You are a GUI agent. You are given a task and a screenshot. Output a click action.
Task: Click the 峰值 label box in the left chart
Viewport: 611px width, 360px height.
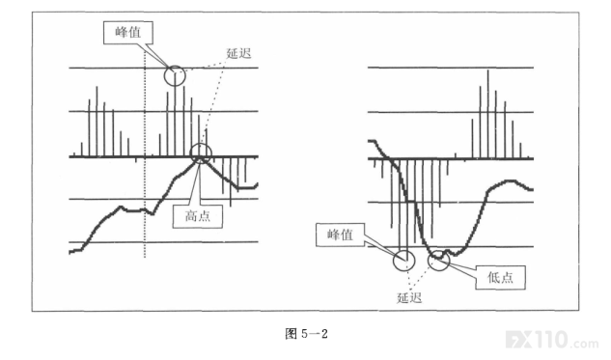[127, 33]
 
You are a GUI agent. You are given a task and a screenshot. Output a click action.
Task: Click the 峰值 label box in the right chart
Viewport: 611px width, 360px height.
[340, 235]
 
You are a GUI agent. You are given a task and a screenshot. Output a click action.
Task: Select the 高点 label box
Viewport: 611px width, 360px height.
[198, 216]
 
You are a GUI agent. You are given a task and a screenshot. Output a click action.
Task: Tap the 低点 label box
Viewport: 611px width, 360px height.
[500, 277]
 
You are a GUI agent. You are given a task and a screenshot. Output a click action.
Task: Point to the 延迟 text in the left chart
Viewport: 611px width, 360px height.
[238, 53]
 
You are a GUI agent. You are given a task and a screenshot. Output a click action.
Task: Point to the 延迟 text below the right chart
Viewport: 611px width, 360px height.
[409, 298]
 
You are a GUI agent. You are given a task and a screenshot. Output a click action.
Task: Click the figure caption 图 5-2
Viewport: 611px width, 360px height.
[306, 334]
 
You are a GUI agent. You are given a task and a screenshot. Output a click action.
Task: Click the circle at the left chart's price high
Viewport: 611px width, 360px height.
[201, 144]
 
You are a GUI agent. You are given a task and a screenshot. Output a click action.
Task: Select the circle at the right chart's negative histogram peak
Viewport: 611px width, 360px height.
[404, 251]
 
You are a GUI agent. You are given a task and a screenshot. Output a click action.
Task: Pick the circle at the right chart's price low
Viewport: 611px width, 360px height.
[439, 251]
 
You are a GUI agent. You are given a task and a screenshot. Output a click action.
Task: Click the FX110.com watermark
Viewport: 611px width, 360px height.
[552, 340]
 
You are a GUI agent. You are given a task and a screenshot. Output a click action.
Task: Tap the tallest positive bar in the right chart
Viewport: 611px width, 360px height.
[487, 114]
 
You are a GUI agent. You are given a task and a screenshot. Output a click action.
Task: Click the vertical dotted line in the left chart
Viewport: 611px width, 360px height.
[145, 155]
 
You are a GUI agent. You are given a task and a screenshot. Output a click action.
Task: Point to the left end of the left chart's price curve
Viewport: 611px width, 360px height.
[69, 253]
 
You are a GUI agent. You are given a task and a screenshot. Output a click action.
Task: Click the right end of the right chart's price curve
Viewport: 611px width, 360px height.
[532, 190]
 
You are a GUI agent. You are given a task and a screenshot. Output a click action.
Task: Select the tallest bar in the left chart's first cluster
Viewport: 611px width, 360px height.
[97, 122]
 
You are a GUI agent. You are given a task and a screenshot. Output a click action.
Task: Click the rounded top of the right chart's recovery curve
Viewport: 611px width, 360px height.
[510, 180]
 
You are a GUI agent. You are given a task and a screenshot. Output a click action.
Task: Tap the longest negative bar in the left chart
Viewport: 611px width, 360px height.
[231, 182]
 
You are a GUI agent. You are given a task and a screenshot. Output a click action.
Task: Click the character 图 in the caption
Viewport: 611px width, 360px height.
[291, 334]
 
